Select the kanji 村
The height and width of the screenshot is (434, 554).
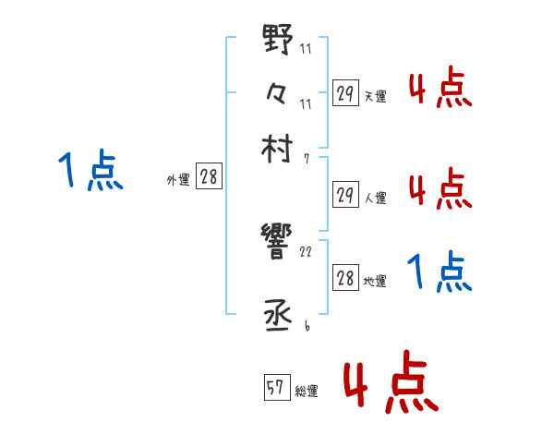[278, 147]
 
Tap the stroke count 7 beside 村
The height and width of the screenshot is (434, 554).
[306, 159]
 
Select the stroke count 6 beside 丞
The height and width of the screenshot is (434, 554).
[306, 326]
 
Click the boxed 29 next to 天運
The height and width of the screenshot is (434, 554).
[345, 92]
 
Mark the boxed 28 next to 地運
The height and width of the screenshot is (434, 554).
[345, 278]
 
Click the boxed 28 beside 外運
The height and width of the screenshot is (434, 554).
[209, 177]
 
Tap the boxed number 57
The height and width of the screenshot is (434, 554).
[275, 388]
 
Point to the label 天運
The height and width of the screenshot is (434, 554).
[375, 96]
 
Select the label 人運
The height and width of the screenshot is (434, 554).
[375, 197]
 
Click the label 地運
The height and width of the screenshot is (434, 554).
[375, 282]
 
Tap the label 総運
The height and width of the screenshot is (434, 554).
[306, 392]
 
